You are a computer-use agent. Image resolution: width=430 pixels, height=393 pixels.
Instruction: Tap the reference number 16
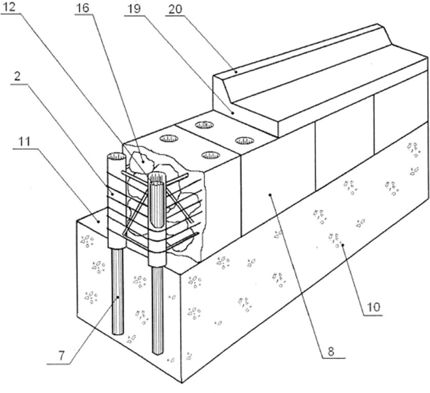click(x=83, y=8)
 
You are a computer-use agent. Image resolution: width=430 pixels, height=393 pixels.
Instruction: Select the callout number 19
click(x=133, y=9)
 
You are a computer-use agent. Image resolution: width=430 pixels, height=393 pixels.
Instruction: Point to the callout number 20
click(x=175, y=9)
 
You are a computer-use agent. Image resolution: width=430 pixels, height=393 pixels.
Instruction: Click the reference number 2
click(x=17, y=76)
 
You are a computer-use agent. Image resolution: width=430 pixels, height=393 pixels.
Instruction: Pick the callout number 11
click(x=24, y=142)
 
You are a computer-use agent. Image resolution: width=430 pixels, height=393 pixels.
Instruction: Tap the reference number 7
click(x=61, y=356)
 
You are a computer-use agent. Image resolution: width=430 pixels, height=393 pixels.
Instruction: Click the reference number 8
click(x=331, y=351)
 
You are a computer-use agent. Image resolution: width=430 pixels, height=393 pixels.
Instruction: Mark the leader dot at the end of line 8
click(x=270, y=195)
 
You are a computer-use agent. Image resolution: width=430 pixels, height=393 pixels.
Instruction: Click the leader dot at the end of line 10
click(x=343, y=245)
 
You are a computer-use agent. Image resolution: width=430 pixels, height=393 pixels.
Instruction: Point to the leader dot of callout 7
click(x=118, y=297)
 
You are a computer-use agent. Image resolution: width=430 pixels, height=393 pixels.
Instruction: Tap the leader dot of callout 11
click(x=98, y=221)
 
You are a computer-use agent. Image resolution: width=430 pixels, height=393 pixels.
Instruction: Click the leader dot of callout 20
click(x=236, y=72)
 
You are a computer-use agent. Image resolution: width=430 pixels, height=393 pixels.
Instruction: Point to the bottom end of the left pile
click(x=118, y=332)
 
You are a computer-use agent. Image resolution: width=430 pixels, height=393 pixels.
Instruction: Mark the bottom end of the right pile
click(x=158, y=352)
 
